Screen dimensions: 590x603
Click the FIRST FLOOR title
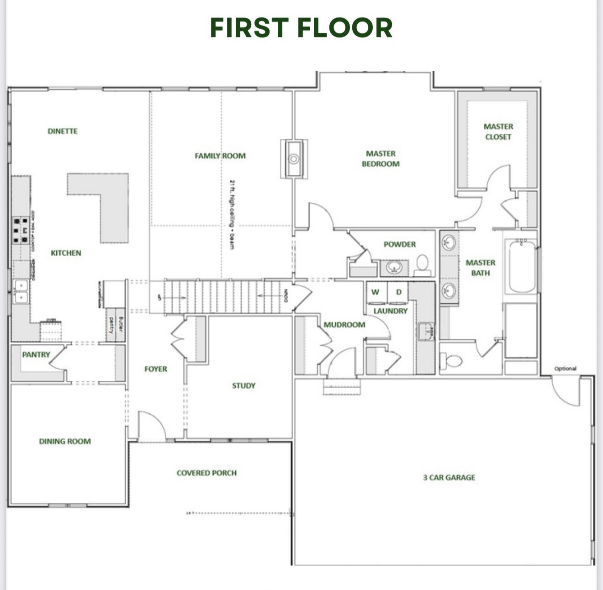pyautogui.click(x=301, y=28)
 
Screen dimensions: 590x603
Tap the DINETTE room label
pyautogui.click(x=63, y=131)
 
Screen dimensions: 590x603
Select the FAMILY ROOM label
pyautogui.click(x=220, y=156)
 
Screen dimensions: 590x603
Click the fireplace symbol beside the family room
pyautogui.click(x=294, y=159)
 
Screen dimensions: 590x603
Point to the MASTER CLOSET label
pyautogui.click(x=498, y=132)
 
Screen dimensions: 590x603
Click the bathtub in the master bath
pyautogui.click(x=522, y=266)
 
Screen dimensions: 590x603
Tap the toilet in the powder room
pyautogui.click(x=423, y=264)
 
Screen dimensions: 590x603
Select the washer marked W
pyautogui.click(x=376, y=293)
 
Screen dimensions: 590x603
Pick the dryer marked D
pyautogui.click(x=398, y=293)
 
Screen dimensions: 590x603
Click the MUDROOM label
pyautogui.click(x=344, y=325)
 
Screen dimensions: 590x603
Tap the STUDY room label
pyautogui.click(x=243, y=385)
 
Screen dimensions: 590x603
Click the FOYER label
pyautogui.click(x=156, y=369)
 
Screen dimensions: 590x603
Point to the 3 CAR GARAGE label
pyautogui.click(x=449, y=477)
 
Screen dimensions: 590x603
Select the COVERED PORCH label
pyautogui.click(x=206, y=473)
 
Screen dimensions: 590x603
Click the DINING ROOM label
pyautogui.click(x=65, y=441)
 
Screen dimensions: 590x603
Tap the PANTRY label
pyautogui.click(x=36, y=354)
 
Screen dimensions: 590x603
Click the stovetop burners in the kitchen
pyautogui.click(x=21, y=230)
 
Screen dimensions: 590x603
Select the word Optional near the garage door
pyautogui.click(x=565, y=368)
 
